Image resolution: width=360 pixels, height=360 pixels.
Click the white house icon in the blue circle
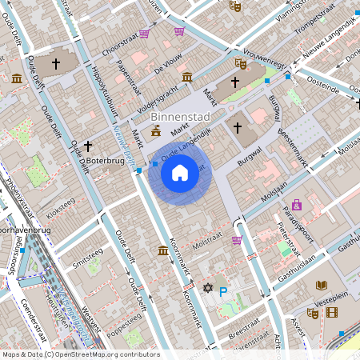[x=180, y=172]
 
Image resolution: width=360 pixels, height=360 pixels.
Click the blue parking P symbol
[x=224, y=292]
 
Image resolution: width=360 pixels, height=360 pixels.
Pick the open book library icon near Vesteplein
[x=322, y=285]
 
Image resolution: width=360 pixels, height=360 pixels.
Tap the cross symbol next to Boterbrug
[x=87, y=146]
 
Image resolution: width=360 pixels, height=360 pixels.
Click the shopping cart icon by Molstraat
[x=237, y=239]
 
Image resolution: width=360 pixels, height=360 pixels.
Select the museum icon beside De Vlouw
[x=186, y=77]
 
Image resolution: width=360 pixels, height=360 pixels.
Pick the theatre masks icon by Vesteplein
[x=312, y=314]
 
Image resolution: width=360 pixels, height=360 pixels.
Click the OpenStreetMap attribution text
[x=80, y=354]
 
